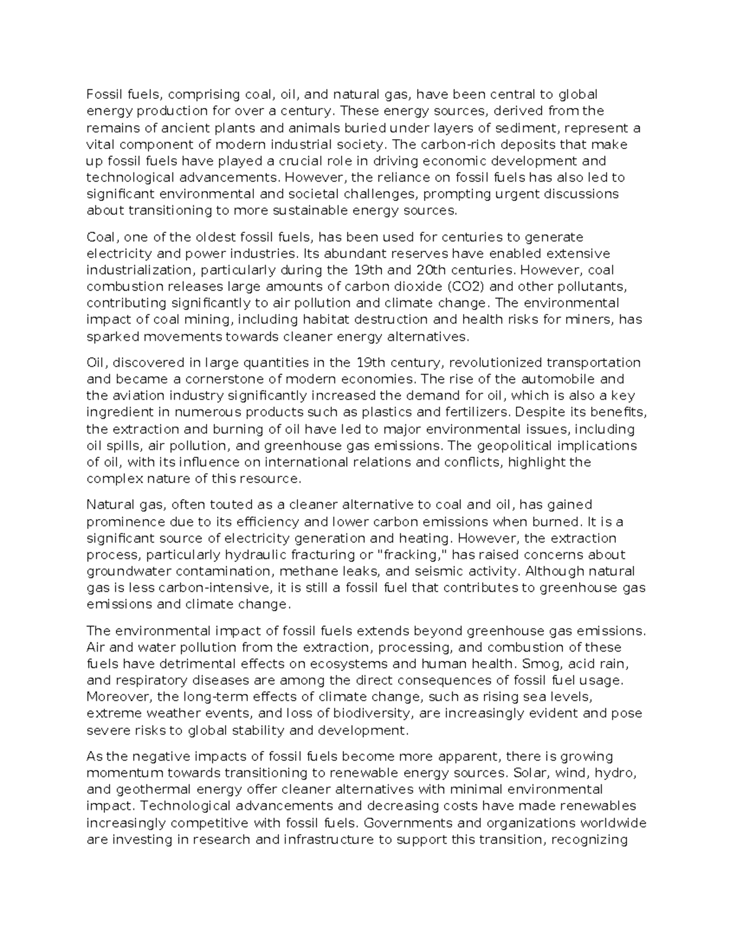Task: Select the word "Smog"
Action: point(538,663)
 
